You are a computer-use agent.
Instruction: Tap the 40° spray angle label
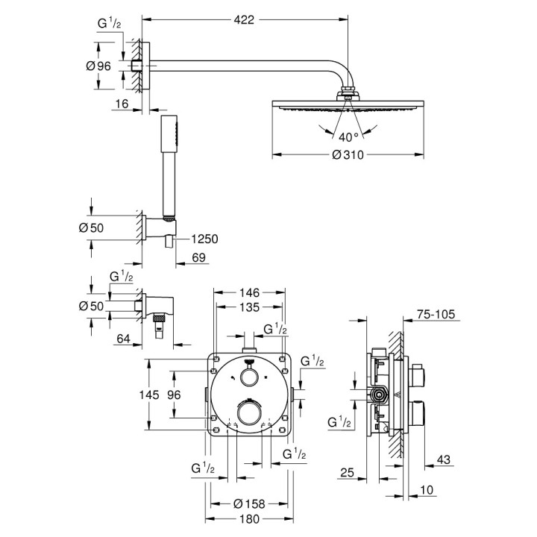348,136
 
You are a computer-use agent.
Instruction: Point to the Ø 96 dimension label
98,66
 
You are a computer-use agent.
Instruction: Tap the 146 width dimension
250,294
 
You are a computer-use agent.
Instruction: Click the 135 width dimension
250,307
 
